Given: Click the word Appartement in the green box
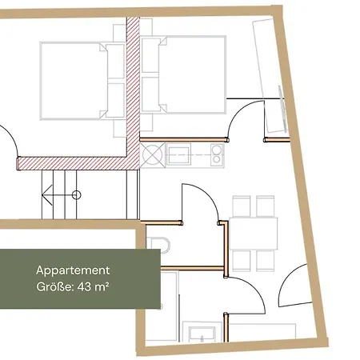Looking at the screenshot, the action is pos(73,270).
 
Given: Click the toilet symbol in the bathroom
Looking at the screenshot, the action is pos(160,245).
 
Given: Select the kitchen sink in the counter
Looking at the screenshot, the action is pos(178,155).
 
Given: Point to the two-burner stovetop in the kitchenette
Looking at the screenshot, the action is pos(217,155).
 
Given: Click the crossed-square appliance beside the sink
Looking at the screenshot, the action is pos(153,155).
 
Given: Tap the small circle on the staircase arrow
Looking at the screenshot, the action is pos(76,195).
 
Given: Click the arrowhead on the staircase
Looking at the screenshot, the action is pos(47,195).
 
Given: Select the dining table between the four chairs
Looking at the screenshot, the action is pos(254,234).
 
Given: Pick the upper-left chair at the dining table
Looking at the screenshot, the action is pos(242,206).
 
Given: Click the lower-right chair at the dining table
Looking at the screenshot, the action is pos(266,261).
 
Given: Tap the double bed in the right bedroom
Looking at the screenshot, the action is pos(183,75).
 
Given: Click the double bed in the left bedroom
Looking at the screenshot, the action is pos(82,81).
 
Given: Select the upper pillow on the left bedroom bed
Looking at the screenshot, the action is pos(116,61).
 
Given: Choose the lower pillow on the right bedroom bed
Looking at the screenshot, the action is pos(150,94).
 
